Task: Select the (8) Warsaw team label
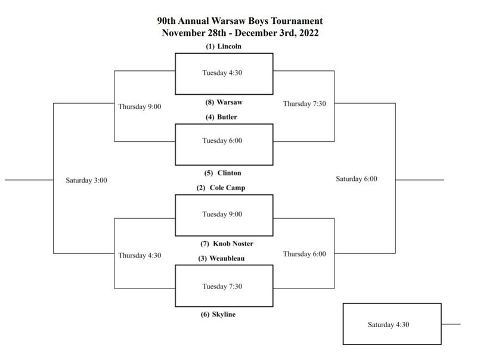coord(224,102)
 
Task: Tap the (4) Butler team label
coord(224,117)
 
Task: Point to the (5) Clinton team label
coord(224,173)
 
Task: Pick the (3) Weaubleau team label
coord(224,258)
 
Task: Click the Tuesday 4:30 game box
coord(224,74)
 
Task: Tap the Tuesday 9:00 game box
coord(224,215)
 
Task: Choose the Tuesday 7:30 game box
coord(224,285)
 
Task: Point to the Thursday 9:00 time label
coord(140,107)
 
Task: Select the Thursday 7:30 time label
coord(304,104)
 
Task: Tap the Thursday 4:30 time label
coord(140,255)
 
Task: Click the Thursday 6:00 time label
coord(304,254)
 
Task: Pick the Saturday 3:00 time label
coord(86,179)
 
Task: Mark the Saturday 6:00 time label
coord(357,179)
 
